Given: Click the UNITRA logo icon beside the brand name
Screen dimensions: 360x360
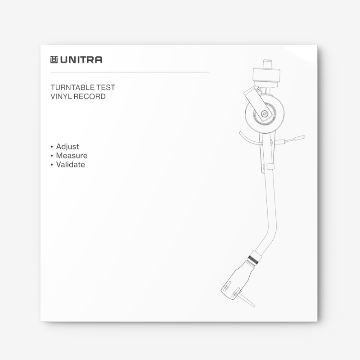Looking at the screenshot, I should pos(54,59).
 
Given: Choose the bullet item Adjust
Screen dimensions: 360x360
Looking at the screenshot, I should pos(67,147).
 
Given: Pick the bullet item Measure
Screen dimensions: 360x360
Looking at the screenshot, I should pos(72,156).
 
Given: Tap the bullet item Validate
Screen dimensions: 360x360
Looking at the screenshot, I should pos(71,165).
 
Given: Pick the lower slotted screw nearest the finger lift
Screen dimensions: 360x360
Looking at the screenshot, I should pos(234,295).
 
